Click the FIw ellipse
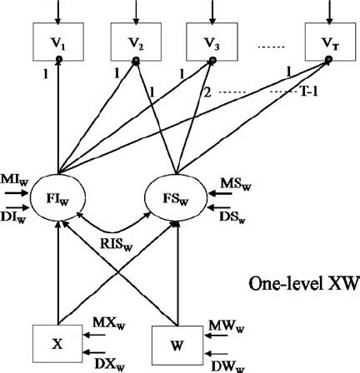(58, 202)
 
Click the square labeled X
(57, 341)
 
